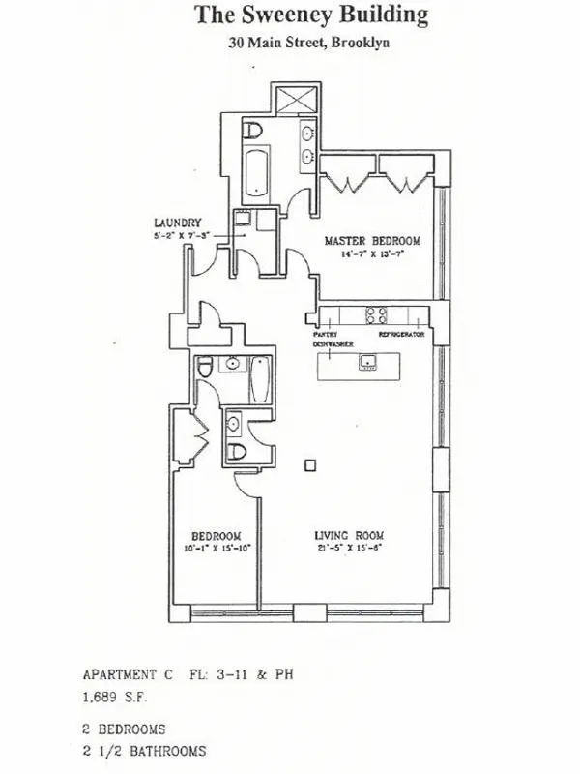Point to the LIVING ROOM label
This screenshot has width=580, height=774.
pos(349,535)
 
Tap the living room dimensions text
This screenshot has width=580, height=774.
pos(349,551)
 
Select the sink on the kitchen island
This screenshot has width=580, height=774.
pos(368,363)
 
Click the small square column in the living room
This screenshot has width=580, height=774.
pos(308,465)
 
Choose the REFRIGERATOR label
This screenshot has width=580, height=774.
pos(403,334)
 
